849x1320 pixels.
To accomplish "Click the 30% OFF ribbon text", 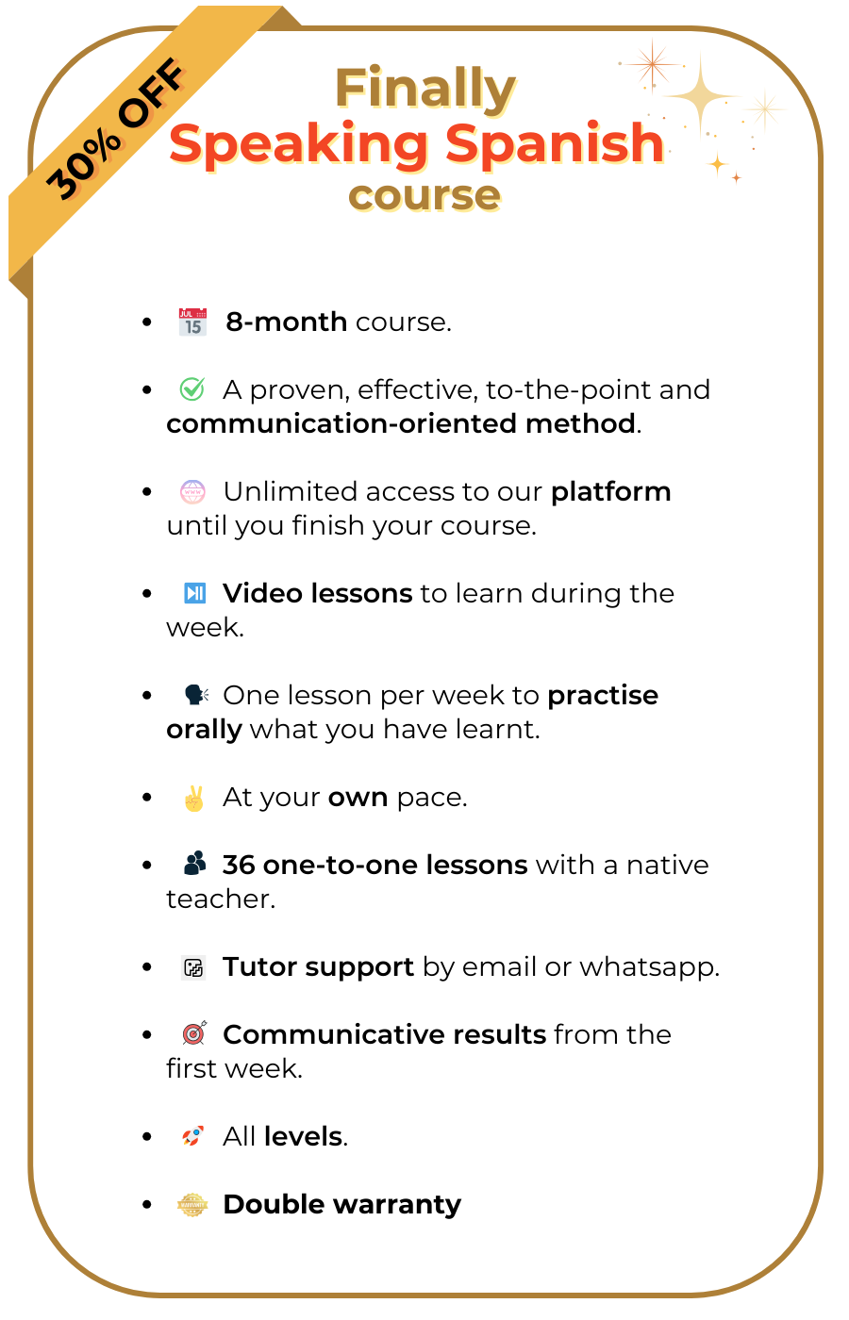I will click(115, 129).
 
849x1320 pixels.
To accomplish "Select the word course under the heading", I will click(424, 195).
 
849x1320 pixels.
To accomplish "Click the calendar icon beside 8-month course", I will click(192, 322).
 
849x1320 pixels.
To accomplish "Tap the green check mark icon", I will click(192, 389).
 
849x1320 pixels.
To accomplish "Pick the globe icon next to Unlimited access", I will click(192, 492).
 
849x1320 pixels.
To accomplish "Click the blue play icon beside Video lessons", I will click(194, 593).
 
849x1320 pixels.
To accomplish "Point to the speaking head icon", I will click(195, 696).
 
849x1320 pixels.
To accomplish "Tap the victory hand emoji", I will click(193, 799).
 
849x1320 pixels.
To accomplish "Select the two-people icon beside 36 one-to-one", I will click(194, 864).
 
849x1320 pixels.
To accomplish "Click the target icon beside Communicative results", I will click(193, 1033).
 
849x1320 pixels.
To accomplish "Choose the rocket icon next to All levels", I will click(192, 1136).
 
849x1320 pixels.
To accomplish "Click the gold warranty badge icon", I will click(192, 1205).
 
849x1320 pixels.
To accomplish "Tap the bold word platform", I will click(610, 492).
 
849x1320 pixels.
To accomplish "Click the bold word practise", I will click(603, 696).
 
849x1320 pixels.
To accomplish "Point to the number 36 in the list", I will click(239, 865).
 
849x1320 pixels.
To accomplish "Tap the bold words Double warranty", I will click(341, 1205).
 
